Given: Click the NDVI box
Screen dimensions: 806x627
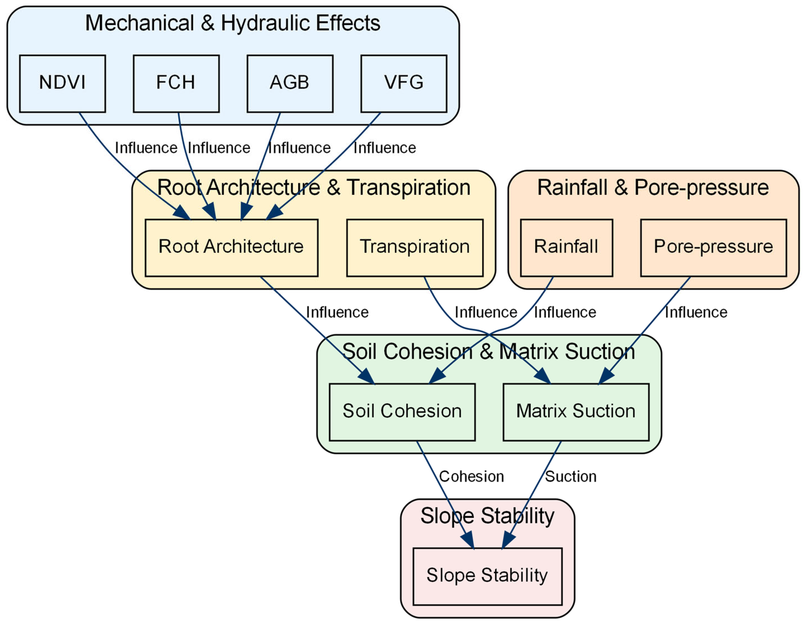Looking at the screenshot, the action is tap(62, 84).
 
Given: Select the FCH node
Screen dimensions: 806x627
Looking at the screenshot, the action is tap(176, 84).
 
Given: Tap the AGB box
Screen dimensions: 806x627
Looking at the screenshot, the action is tap(290, 84).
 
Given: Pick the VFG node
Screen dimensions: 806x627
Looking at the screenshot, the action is tap(404, 84).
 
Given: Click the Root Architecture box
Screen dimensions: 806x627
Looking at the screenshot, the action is tap(231, 248).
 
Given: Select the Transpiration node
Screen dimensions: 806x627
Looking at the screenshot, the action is tap(415, 248).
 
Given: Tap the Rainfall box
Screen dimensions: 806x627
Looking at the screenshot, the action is tap(567, 248).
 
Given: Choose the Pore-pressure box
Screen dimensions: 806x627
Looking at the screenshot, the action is tap(714, 248).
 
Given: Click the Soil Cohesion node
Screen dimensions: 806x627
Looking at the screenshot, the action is tap(402, 412).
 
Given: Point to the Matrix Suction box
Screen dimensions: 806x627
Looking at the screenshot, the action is tap(576, 412).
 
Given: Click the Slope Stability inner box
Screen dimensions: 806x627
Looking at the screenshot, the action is tap(488, 577).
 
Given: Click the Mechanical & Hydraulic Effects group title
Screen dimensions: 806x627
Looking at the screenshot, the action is tap(233, 23).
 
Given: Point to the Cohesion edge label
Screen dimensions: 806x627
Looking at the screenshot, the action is tap(471, 476).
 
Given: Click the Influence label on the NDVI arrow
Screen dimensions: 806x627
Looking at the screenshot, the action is tap(146, 148).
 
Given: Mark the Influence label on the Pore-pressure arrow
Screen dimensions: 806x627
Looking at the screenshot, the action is tap(696, 312).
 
